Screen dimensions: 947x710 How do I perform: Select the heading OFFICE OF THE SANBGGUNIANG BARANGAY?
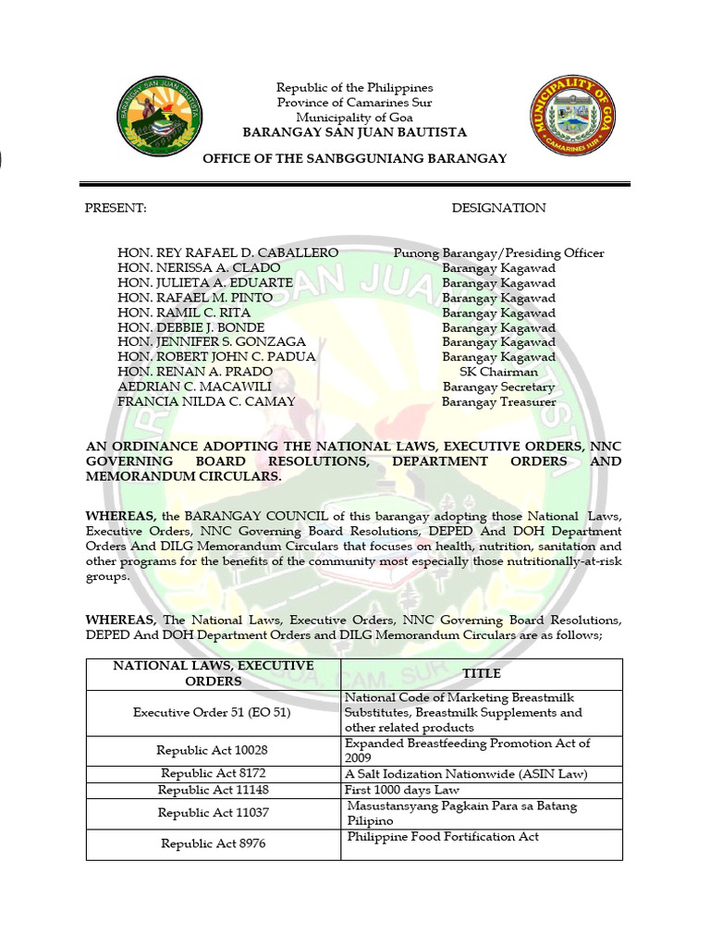coord(355,158)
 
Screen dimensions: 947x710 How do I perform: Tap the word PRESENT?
coord(116,208)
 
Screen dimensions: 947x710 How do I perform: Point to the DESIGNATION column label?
coord(498,208)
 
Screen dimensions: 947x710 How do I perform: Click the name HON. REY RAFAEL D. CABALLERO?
coord(227,252)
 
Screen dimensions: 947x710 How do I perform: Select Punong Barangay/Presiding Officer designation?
coord(498,252)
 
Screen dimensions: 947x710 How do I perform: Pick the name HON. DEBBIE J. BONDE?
coord(190,327)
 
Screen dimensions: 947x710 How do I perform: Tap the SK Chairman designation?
coord(498,372)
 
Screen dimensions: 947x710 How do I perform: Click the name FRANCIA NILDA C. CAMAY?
coord(206,401)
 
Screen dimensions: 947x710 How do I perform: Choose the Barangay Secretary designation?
coord(498,387)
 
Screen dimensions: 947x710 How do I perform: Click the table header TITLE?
coord(482,674)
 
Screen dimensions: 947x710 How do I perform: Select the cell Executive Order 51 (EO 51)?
coord(212,712)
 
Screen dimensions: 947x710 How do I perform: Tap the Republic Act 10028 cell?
coord(212,750)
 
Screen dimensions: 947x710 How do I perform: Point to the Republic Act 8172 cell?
coord(212,773)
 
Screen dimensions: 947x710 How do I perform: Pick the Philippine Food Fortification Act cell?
coord(443,837)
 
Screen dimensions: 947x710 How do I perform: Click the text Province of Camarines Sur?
coord(354,103)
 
